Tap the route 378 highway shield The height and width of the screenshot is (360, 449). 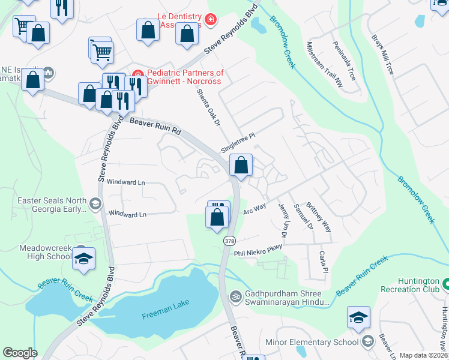tap(229, 241)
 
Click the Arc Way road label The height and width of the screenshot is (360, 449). tap(255, 208)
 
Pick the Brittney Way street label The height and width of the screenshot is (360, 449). tap(319, 217)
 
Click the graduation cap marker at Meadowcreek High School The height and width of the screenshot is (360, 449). tap(85, 258)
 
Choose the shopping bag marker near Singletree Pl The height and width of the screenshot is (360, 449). tap(241, 164)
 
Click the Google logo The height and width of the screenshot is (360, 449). tap(20, 353)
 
